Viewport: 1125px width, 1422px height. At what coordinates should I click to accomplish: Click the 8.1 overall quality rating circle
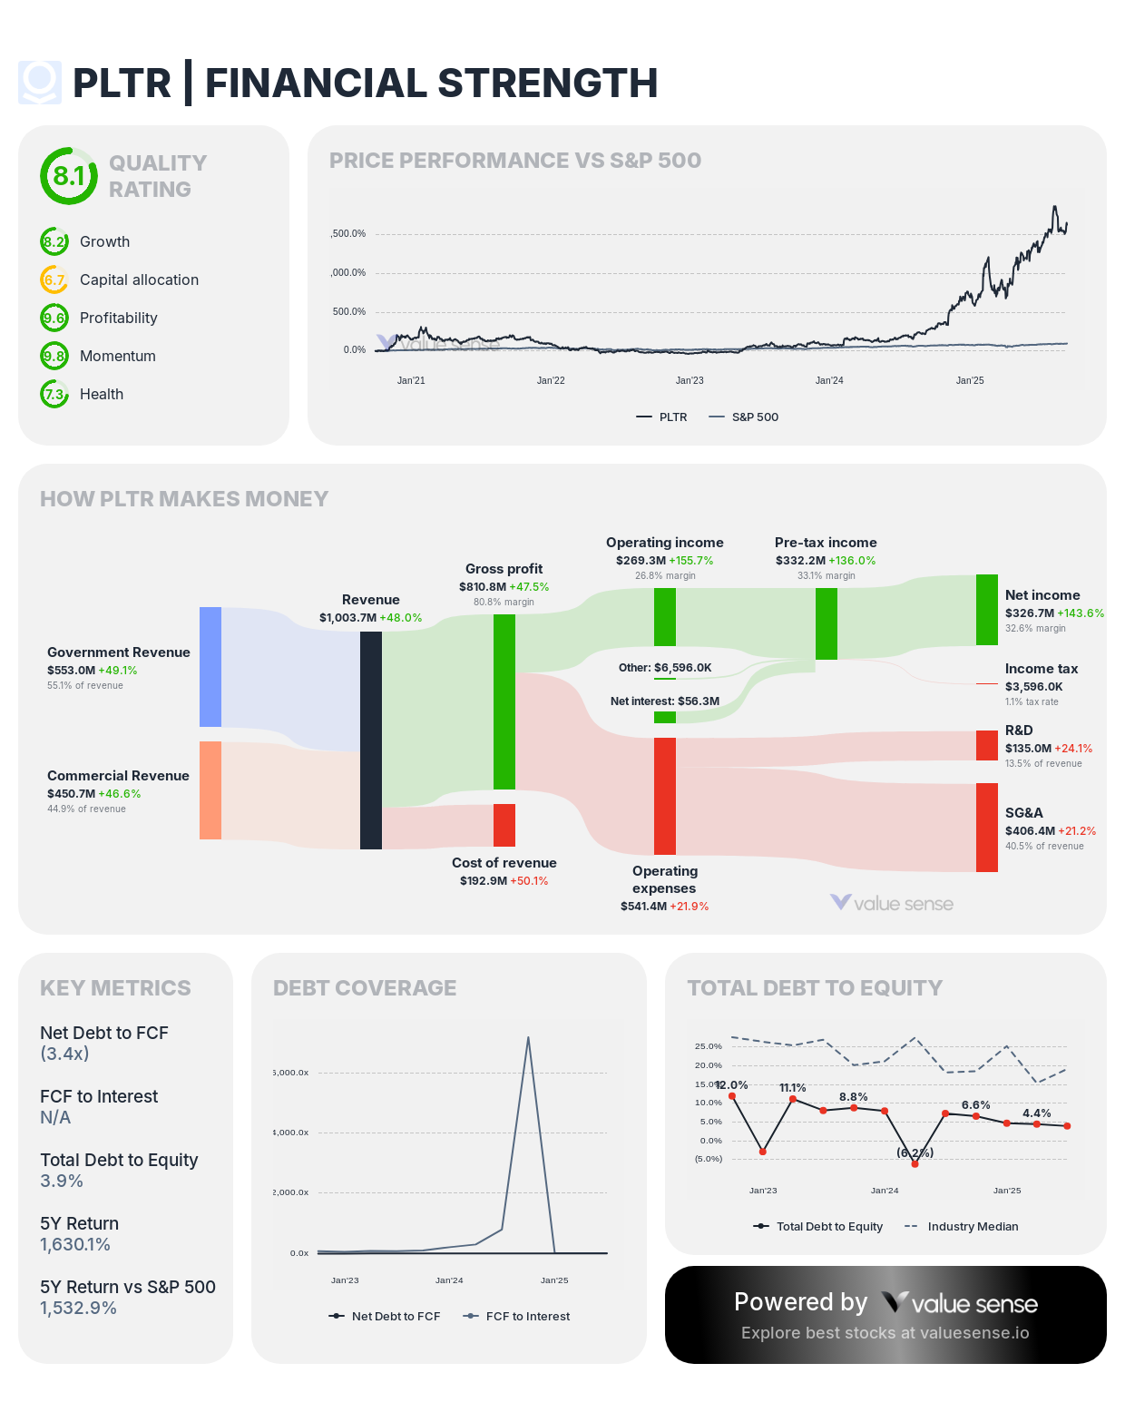(68, 176)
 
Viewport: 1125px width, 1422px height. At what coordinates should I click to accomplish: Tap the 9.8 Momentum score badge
(54, 356)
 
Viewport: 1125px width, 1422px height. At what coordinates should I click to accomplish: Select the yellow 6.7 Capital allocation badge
(54, 279)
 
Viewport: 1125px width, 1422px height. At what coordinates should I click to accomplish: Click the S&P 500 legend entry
(743, 417)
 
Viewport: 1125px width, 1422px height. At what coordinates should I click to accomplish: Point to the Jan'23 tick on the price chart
(690, 380)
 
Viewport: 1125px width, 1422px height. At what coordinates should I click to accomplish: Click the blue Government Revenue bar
(210, 667)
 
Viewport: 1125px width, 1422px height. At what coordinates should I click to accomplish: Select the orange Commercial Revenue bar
(210, 790)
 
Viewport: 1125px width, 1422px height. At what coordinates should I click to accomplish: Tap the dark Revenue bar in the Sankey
(371, 740)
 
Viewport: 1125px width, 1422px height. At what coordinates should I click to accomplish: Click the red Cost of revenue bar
(504, 825)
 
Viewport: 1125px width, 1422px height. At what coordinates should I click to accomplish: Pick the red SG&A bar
(987, 828)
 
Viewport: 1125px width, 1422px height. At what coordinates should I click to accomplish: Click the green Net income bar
(987, 610)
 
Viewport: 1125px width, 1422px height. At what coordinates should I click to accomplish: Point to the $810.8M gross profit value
(483, 587)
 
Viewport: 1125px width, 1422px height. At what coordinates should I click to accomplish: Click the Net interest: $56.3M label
(665, 701)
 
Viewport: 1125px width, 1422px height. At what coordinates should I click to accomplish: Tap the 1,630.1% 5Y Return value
(75, 1245)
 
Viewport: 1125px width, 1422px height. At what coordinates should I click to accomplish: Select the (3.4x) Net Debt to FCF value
(64, 1054)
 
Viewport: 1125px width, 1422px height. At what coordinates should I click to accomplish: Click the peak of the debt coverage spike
(528, 1037)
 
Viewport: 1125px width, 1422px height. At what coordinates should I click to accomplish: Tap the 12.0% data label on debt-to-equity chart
(731, 1085)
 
